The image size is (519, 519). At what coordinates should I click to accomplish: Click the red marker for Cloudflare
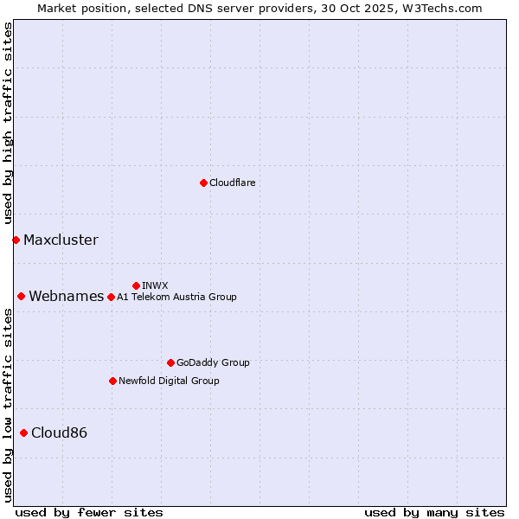[x=203, y=183]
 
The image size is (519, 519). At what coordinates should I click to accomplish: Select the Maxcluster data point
[x=16, y=240]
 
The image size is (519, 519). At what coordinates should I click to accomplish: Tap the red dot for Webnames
[x=21, y=296]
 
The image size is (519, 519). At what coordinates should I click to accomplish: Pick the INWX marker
[x=136, y=285]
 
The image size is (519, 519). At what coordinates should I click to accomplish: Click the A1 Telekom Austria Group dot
[x=111, y=297]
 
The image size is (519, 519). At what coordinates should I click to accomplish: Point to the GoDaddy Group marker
[x=170, y=362]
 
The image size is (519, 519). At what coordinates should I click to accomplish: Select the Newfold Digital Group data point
[x=112, y=381]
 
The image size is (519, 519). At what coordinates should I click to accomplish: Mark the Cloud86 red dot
[x=23, y=432]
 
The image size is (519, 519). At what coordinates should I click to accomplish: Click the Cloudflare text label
[x=232, y=183]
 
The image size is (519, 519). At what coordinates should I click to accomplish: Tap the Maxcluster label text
[x=61, y=240]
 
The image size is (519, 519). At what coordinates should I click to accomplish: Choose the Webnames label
[x=67, y=296]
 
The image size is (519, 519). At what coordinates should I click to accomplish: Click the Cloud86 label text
[x=59, y=432]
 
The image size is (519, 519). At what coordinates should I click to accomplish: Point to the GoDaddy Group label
[x=213, y=362]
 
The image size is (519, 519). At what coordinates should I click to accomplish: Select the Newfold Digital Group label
[x=169, y=381]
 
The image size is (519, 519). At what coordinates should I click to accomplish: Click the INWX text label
[x=155, y=285]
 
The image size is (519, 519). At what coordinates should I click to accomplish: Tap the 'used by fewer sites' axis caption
[x=89, y=512]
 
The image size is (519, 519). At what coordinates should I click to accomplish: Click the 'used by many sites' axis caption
[x=434, y=512]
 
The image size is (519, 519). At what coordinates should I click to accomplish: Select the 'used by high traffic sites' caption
[x=8, y=124]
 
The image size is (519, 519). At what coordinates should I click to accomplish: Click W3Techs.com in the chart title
[x=439, y=8]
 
